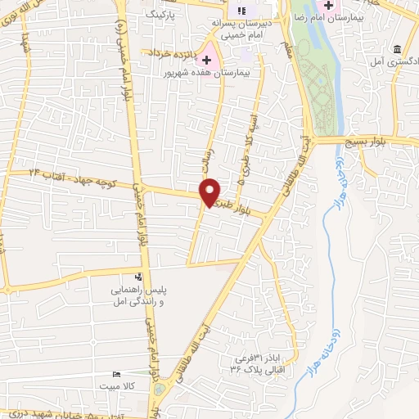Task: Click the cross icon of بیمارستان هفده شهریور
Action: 206,60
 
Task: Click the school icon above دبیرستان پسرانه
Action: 241,11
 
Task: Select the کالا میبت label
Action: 115,384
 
